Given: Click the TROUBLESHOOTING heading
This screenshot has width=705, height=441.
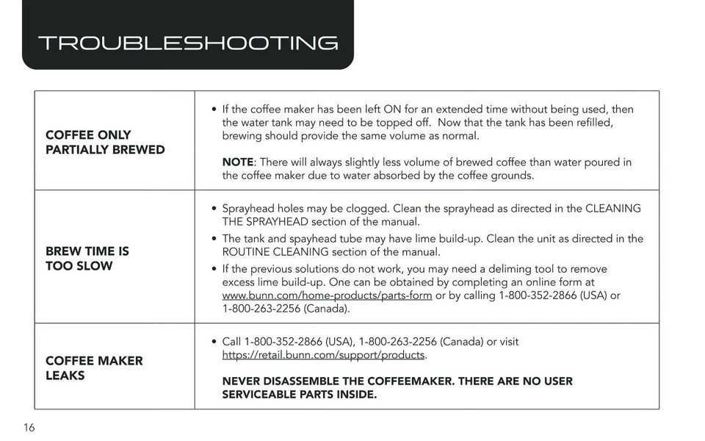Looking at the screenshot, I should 187,43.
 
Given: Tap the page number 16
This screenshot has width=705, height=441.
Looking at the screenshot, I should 29,428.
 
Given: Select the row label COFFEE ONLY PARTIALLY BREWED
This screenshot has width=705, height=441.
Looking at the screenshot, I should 105,143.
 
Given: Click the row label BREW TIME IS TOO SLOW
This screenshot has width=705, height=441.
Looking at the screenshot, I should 87,259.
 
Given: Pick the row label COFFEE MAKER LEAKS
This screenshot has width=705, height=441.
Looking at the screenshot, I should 94,368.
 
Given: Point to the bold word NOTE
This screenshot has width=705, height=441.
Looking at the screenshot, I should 238,162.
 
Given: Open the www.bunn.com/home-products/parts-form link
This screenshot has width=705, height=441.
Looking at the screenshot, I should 327,295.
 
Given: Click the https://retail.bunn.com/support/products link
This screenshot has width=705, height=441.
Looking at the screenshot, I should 323,355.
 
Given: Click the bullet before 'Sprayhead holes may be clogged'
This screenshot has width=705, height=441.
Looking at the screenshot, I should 213,209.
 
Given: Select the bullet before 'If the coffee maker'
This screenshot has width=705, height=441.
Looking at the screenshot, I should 213,110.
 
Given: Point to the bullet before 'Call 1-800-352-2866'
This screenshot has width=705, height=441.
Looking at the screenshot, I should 213,343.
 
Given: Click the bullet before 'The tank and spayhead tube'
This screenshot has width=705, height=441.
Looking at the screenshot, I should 213,239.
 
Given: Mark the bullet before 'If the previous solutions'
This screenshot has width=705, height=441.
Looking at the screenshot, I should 213,269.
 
